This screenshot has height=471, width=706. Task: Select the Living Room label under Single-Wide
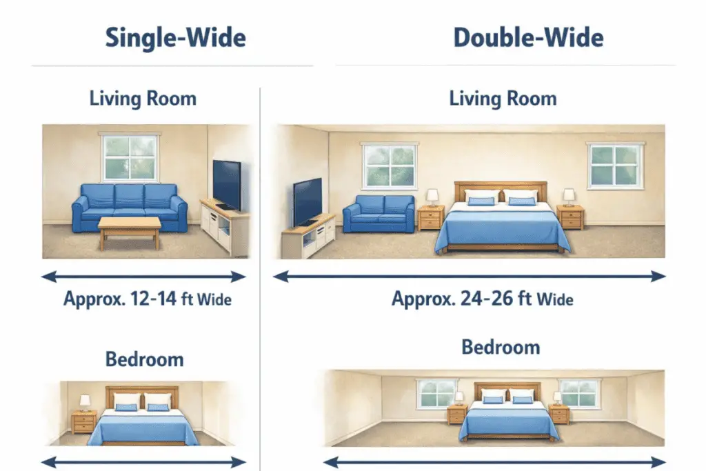(x=143, y=98)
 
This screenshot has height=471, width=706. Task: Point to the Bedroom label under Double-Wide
(x=501, y=346)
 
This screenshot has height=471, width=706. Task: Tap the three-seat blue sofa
(x=130, y=205)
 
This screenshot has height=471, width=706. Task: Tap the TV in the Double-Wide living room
(x=307, y=201)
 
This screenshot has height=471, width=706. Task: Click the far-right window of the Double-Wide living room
(x=615, y=166)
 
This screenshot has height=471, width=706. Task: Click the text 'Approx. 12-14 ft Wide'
(x=148, y=299)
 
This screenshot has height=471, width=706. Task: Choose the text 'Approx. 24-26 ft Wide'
(x=483, y=299)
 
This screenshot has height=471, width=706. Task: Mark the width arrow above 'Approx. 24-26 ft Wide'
(x=470, y=277)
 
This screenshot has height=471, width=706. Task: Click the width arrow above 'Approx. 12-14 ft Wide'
(x=143, y=277)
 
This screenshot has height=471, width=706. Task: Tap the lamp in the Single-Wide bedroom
(x=85, y=401)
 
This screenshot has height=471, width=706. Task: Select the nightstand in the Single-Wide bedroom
(x=85, y=421)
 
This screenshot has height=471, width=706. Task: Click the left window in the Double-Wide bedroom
(x=436, y=393)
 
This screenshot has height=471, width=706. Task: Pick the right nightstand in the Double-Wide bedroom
(x=559, y=414)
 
